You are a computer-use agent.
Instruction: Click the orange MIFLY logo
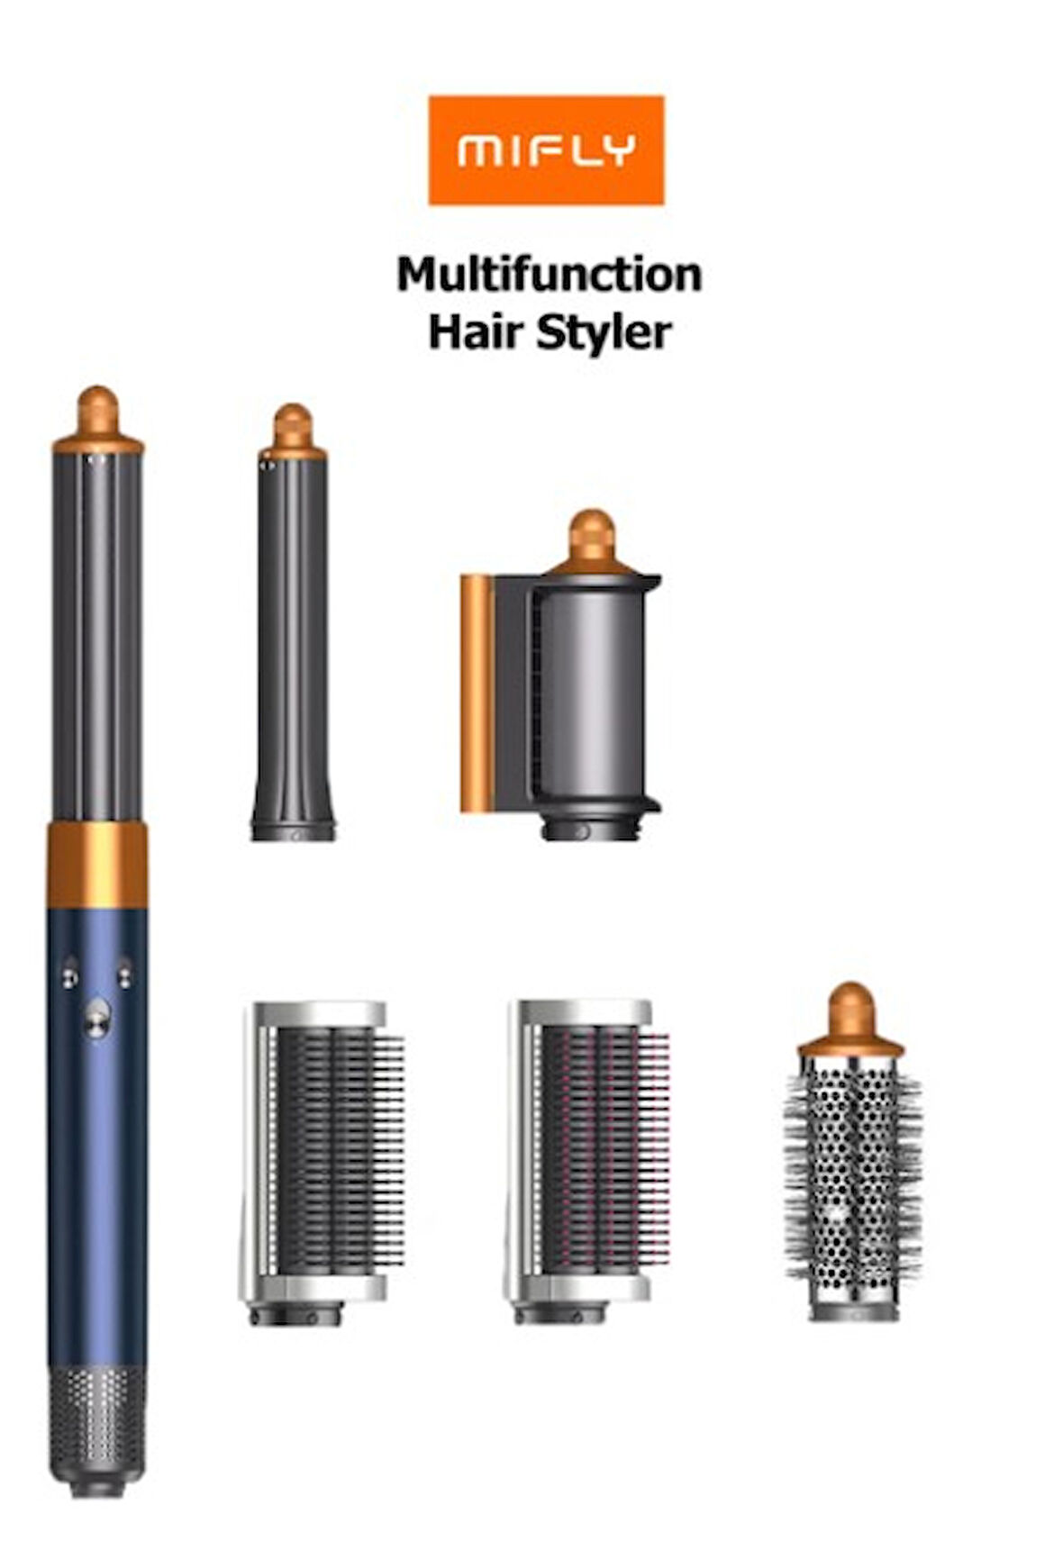tap(546, 150)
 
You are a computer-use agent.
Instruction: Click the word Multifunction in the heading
tap(549, 275)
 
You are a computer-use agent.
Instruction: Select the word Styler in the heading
tap(604, 333)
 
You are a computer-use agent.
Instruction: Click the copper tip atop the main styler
tap(97, 420)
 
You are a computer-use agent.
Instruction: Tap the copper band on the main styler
tap(96, 864)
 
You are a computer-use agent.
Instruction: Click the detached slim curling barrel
tap(293, 622)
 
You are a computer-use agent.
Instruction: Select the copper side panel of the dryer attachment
tap(477, 693)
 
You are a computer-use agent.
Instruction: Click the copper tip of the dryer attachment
tap(592, 542)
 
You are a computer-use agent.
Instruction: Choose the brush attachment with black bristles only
tap(322, 1162)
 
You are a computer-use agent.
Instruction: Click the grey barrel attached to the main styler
tap(97, 638)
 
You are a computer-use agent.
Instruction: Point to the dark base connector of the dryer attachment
tap(590, 828)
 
